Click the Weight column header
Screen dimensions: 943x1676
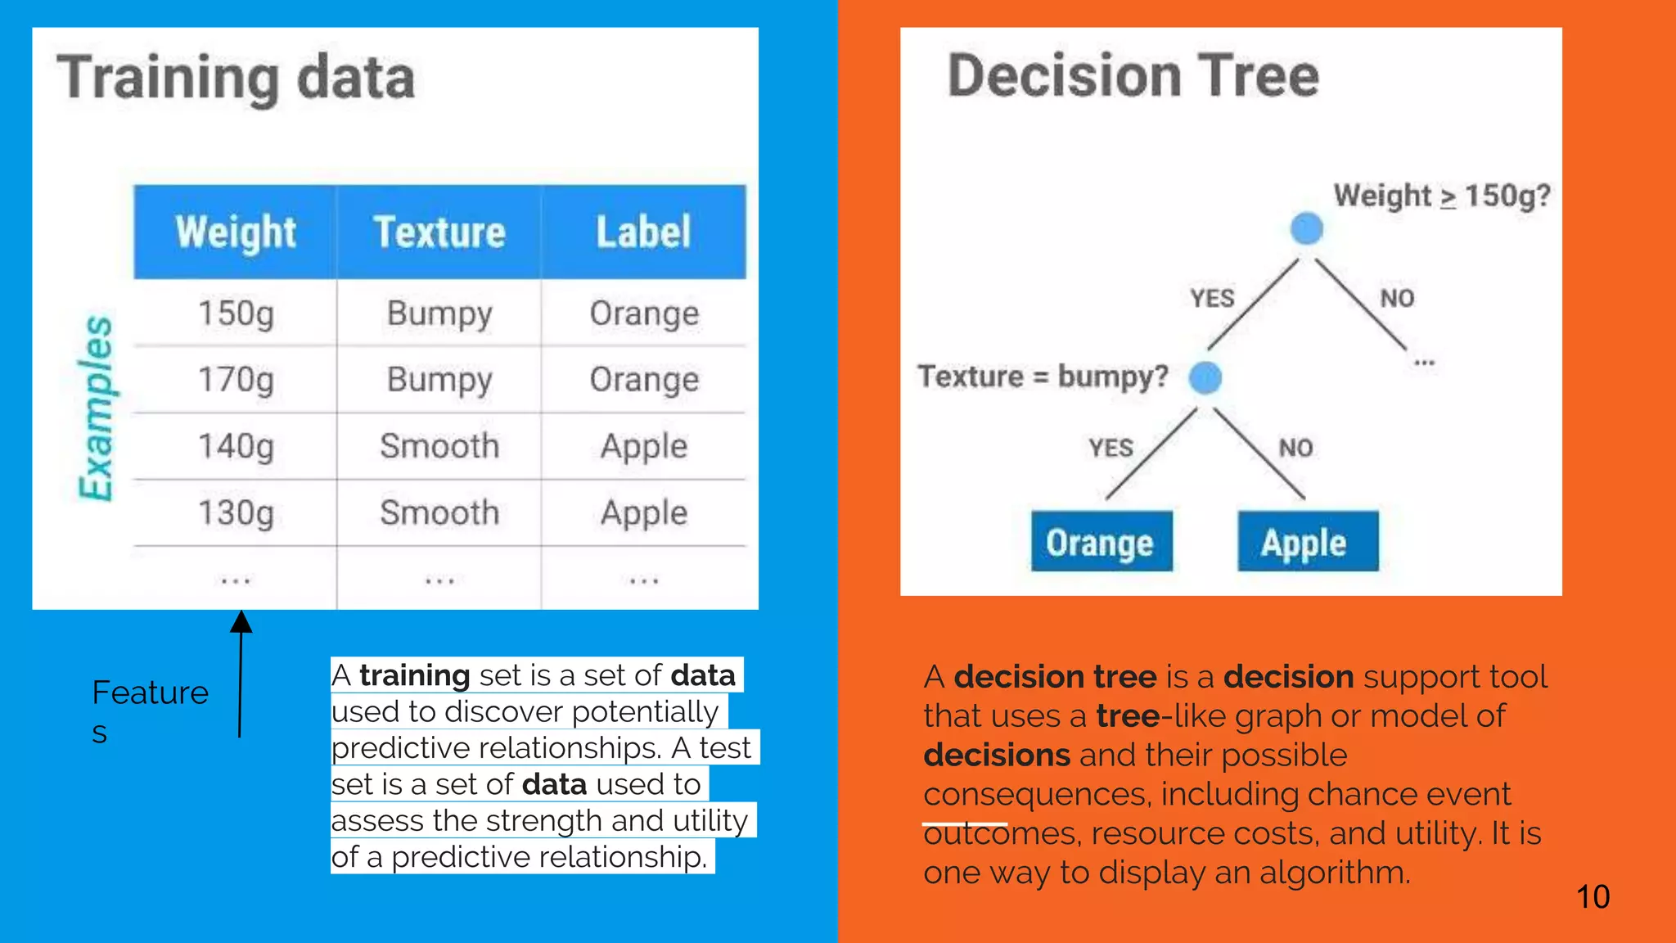tap(236, 232)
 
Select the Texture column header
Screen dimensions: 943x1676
tap(439, 232)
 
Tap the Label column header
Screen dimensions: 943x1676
tap(644, 232)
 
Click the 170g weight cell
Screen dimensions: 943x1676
tap(236, 380)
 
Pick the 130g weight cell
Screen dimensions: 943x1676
tap(236, 513)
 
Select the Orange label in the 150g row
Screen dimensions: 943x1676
tap(644, 314)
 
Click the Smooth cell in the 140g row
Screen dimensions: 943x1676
tap(439, 447)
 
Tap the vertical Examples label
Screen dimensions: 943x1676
tap(97, 408)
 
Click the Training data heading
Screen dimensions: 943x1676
tap(236, 79)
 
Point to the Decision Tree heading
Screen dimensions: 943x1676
tap(1133, 76)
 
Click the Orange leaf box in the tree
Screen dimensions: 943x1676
tap(1101, 542)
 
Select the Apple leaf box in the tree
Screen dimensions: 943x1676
tap(1307, 542)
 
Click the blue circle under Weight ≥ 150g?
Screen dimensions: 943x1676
tap(1306, 228)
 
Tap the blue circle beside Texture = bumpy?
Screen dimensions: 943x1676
tap(1205, 377)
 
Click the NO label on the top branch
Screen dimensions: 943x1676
tap(1397, 299)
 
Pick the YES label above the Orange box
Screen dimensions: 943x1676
tap(1111, 448)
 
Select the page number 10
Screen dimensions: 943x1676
tap(1593, 897)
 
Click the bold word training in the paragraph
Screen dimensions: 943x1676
tap(414, 676)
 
